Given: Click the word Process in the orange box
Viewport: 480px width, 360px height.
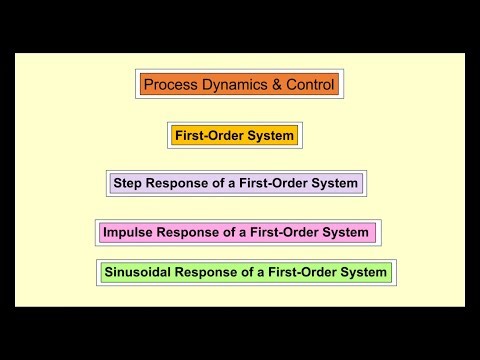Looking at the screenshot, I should tap(169, 85).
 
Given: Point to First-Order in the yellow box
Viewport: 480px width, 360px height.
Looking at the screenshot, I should tap(208, 135).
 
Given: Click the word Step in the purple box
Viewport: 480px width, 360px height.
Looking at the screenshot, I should tap(128, 184).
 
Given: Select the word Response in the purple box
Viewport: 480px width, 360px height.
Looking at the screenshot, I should tap(178, 184).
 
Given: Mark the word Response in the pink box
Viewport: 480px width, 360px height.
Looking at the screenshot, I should tap(192, 233).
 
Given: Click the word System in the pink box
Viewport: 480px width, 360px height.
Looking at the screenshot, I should tap(347, 233).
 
